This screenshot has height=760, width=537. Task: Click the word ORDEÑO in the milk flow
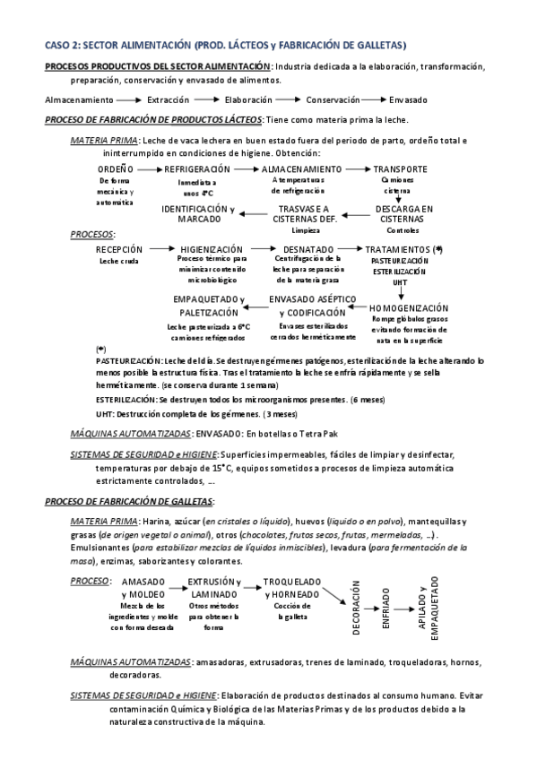coord(115,168)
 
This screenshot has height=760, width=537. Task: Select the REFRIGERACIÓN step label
coord(196,168)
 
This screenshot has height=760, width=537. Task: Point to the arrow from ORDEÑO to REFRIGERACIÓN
coord(149,168)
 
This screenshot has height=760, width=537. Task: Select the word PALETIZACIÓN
coord(208,312)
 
